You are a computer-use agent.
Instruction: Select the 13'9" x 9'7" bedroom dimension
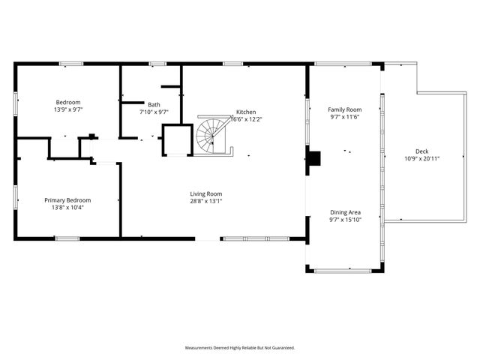[67, 109]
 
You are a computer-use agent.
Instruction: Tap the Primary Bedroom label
[67, 200]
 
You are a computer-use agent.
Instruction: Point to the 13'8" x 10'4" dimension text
[67, 208]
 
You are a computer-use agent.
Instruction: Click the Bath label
[154, 105]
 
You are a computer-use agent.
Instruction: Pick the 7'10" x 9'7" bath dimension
[154, 112]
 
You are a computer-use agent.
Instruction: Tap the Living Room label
[205, 193]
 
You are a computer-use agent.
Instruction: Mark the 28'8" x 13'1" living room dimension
[205, 201]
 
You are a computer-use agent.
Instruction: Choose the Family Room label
[345, 109]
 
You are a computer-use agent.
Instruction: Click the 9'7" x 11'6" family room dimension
[345, 117]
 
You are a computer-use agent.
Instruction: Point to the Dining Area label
[345, 212]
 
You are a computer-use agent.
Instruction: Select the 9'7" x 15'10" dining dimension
[345, 220]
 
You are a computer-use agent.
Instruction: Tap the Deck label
[421, 151]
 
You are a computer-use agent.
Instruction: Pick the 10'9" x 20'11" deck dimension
[421, 158]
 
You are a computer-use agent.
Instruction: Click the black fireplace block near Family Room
[313, 158]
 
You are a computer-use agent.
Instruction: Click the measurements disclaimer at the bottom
[240, 348]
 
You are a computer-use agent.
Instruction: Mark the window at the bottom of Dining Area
[345, 270]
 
